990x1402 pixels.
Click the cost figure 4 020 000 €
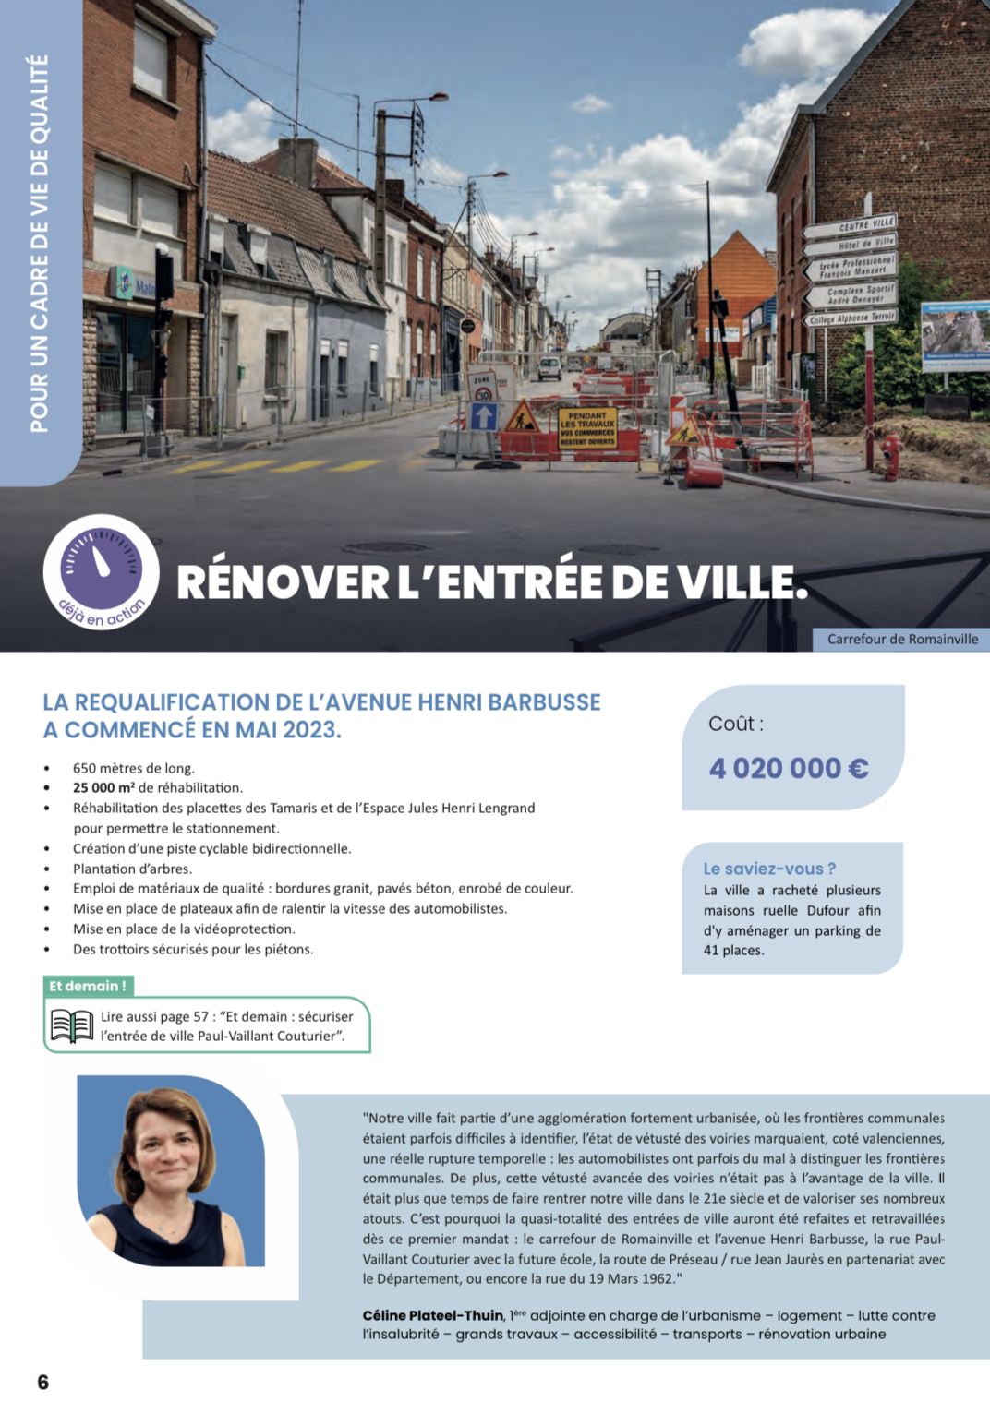(x=789, y=768)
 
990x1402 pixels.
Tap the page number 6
(x=42, y=1382)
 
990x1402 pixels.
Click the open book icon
(x=72, y=1026)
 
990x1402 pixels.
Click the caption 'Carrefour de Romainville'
(x=902, y=639)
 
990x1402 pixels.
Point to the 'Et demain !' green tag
(x=88, y=986)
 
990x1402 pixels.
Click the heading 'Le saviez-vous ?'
(x=769, y=869)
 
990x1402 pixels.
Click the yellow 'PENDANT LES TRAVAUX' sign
(x=586, y=429)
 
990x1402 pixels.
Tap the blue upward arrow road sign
(x=484, y=416)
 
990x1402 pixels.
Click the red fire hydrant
(x=890, y=457)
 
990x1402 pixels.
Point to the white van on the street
(x=549, y=368)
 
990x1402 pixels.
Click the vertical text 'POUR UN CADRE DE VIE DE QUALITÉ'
(x=39, y=244)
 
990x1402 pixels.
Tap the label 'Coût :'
(x=736, y=724)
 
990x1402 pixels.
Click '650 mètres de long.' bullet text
(x=134, y=768)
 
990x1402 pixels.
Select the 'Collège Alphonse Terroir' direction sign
(x=851, y=318)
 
